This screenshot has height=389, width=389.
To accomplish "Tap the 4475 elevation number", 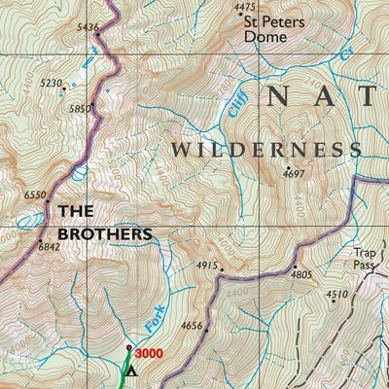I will (247, 8).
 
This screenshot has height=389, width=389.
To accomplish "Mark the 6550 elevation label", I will (34, 195).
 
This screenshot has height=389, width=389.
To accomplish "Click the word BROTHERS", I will (104, 234).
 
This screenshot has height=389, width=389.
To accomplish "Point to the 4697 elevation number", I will (295, 174).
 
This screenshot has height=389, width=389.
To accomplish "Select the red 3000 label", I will (148, 354).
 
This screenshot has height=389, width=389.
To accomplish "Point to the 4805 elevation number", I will (301, 275).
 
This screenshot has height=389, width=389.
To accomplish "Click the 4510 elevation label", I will (336, 295).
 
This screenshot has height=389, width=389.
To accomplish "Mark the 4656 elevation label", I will (192, 327).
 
